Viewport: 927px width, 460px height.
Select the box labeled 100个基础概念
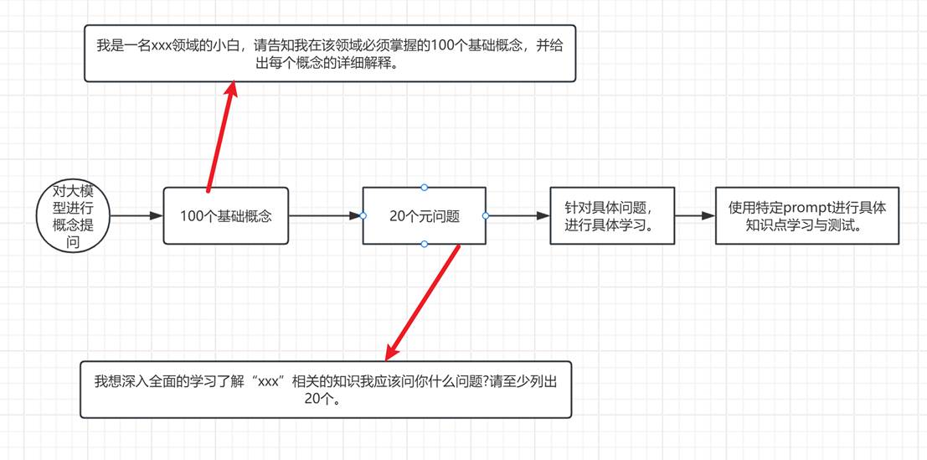226,216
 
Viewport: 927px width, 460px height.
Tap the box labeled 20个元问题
424,216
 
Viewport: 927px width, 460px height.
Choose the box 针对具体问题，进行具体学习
612,216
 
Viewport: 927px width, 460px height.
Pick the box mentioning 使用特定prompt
807,216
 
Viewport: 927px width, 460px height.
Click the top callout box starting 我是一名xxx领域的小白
330,54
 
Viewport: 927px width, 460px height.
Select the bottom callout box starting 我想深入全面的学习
326,390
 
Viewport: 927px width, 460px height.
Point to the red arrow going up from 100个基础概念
220,136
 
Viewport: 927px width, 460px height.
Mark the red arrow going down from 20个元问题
422,302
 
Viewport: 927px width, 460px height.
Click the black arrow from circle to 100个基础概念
136,216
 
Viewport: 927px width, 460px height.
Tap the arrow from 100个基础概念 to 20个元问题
326,216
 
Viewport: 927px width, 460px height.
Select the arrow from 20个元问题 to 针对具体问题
518,216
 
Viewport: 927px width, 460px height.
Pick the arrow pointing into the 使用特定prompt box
695,216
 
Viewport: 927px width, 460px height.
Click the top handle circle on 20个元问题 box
424,188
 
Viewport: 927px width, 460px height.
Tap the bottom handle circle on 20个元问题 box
424,244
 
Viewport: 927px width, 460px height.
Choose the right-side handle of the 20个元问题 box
486,216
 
